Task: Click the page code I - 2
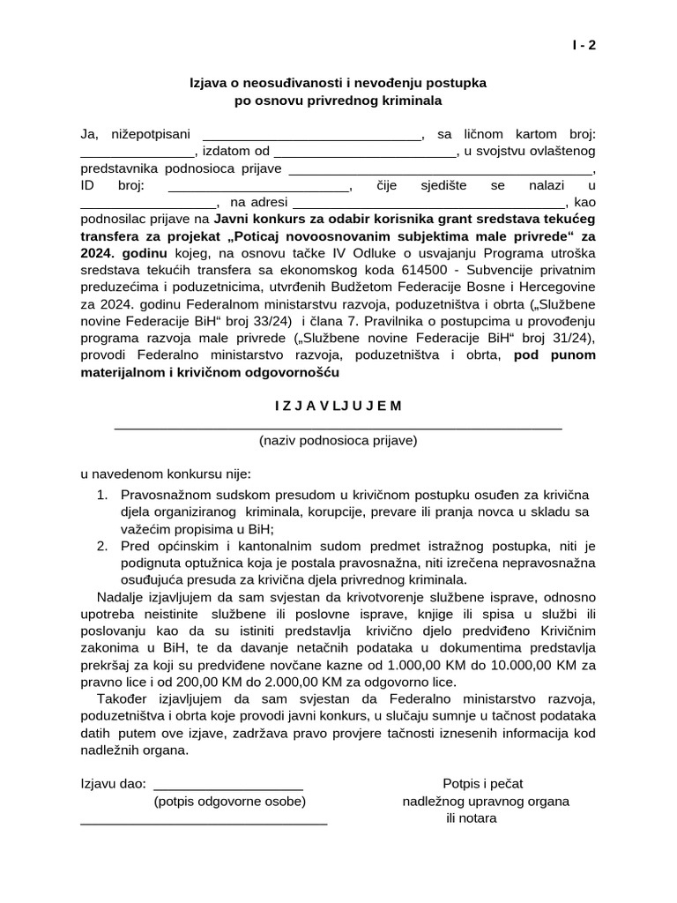pyautogui.click(x=584, y=48)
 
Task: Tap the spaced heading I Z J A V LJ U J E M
pyautogui.click(x=338, y=406)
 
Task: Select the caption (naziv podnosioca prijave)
pyautogui.click(x=338, y=439)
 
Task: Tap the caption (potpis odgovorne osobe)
pyautogui.click(x=229, y=802)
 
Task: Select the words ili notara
pyautogui.click(x=472, y=817)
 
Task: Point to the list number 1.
pyautogui.click(x=102, y=495)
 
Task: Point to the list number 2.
pyautogui.click(x=102, y=546)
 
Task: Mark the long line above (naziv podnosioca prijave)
pyautogui.click(x=338, y=427)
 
